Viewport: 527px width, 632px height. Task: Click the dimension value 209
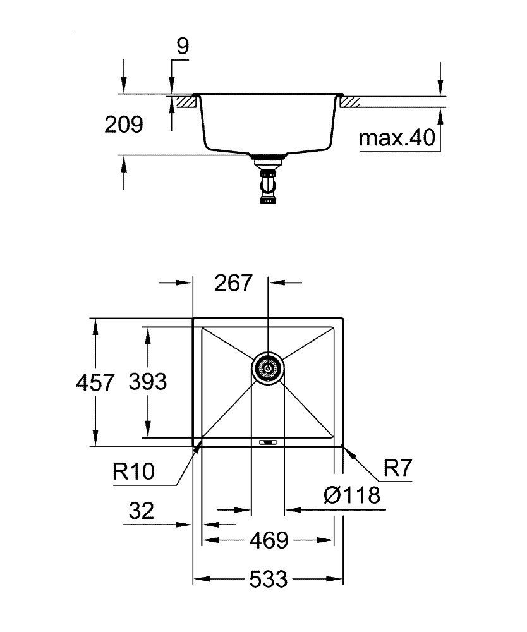point(124,125)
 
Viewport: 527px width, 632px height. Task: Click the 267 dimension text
point(233,283)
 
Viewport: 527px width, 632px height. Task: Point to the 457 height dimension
point(95,382)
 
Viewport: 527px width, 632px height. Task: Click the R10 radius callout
point(133,472)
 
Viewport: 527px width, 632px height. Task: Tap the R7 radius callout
point(397,469)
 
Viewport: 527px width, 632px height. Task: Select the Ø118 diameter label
point(352,495)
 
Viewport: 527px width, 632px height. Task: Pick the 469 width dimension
point(269,540)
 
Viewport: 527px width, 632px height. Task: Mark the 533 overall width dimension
point(269,578)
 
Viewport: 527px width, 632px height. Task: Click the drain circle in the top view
point(268,368)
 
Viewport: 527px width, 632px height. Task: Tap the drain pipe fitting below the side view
point(268,184)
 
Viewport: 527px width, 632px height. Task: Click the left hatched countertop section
point(185,102)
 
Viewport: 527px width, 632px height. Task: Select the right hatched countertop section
point(349,102)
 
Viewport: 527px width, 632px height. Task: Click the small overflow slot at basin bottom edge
point(268,441)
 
